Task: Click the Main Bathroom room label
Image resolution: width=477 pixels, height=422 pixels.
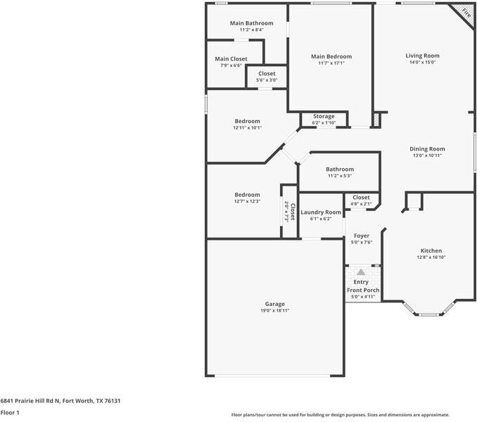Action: tap(246, 23)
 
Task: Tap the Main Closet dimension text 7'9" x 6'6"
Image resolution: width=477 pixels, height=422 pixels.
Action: tap(231, 65)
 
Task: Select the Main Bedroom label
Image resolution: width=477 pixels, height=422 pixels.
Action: tap(331, 56)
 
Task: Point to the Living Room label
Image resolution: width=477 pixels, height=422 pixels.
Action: tap(422, 56)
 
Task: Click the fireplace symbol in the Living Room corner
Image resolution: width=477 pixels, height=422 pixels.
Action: tap(464, 12)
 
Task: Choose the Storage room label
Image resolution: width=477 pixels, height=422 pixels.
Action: tap(324, 116)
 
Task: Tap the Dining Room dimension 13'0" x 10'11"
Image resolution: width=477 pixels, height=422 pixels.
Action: tap(428, 155)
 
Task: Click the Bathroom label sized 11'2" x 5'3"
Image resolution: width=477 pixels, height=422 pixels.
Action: tap(340, 169)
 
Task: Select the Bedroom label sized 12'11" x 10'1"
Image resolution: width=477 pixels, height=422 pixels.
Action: tap(247, 121)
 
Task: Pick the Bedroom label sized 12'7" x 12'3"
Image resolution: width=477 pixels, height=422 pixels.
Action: tap(247, 195)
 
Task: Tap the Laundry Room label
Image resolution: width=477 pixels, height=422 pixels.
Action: tap(321, 212)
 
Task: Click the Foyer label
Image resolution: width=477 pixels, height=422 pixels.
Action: tap(362, 236)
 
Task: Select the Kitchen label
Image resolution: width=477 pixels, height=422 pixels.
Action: tap(431, 250)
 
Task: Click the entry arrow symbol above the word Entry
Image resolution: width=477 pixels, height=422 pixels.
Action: tap(361, 271)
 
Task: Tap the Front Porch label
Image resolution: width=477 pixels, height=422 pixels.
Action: tap(363, 290)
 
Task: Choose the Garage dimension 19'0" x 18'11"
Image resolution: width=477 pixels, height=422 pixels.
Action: tap(275, 310)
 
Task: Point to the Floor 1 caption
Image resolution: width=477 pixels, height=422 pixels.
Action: tap(10, 413)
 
